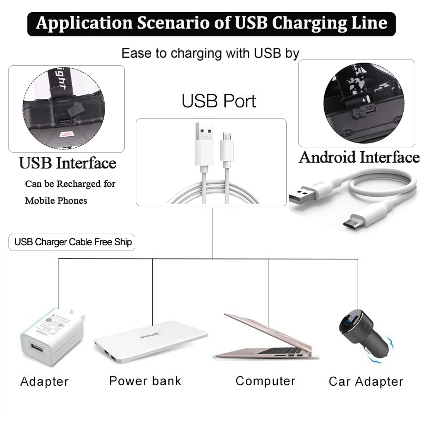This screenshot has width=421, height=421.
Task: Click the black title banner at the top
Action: point(212,24)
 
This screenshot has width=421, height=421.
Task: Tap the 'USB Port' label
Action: point(218,101)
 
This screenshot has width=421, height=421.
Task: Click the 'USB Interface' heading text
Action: point(67,163)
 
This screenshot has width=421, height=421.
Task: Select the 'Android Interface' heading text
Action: point(359,157)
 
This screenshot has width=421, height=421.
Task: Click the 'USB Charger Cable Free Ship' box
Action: point(72,242)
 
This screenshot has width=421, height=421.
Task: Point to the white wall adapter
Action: point(53,337)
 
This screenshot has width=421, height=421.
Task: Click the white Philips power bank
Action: point(151,342)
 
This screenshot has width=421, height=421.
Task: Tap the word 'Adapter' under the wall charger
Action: point(45,382)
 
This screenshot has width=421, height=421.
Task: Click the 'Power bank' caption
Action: point(145,381)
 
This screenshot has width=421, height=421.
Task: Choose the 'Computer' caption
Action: point(266,381)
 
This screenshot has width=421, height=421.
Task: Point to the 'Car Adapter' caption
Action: point(366,382)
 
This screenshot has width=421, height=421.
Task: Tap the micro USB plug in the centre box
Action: point(227,148)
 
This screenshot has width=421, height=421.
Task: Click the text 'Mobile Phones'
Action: point(56,201)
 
